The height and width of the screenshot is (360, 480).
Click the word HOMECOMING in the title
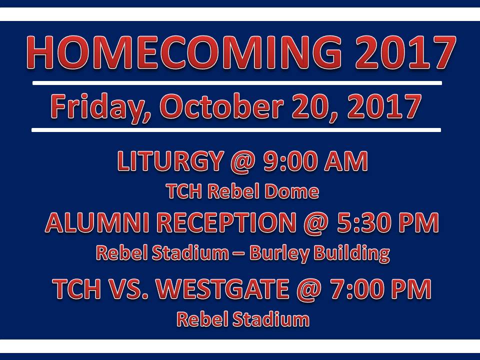pos(183,52)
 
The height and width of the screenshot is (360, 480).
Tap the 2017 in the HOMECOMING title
pos(405,52)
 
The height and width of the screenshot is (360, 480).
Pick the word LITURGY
pos(170,161)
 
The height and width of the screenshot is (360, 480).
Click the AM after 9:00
pos(346,161)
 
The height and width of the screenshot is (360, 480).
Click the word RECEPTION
pos(226,222)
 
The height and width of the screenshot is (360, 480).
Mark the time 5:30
pos(363,222)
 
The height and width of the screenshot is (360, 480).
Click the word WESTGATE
pos(222,288)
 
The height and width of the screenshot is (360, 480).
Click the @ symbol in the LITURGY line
pos(243,161)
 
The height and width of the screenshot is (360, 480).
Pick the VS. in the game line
pos(128,288)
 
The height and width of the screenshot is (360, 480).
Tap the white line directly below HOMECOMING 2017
pos(237,83)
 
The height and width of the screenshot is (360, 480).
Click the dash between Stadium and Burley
pos(239,254)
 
